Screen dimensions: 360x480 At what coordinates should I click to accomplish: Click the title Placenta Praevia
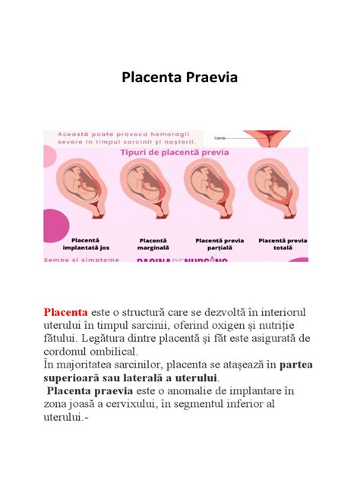pos(179,79)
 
